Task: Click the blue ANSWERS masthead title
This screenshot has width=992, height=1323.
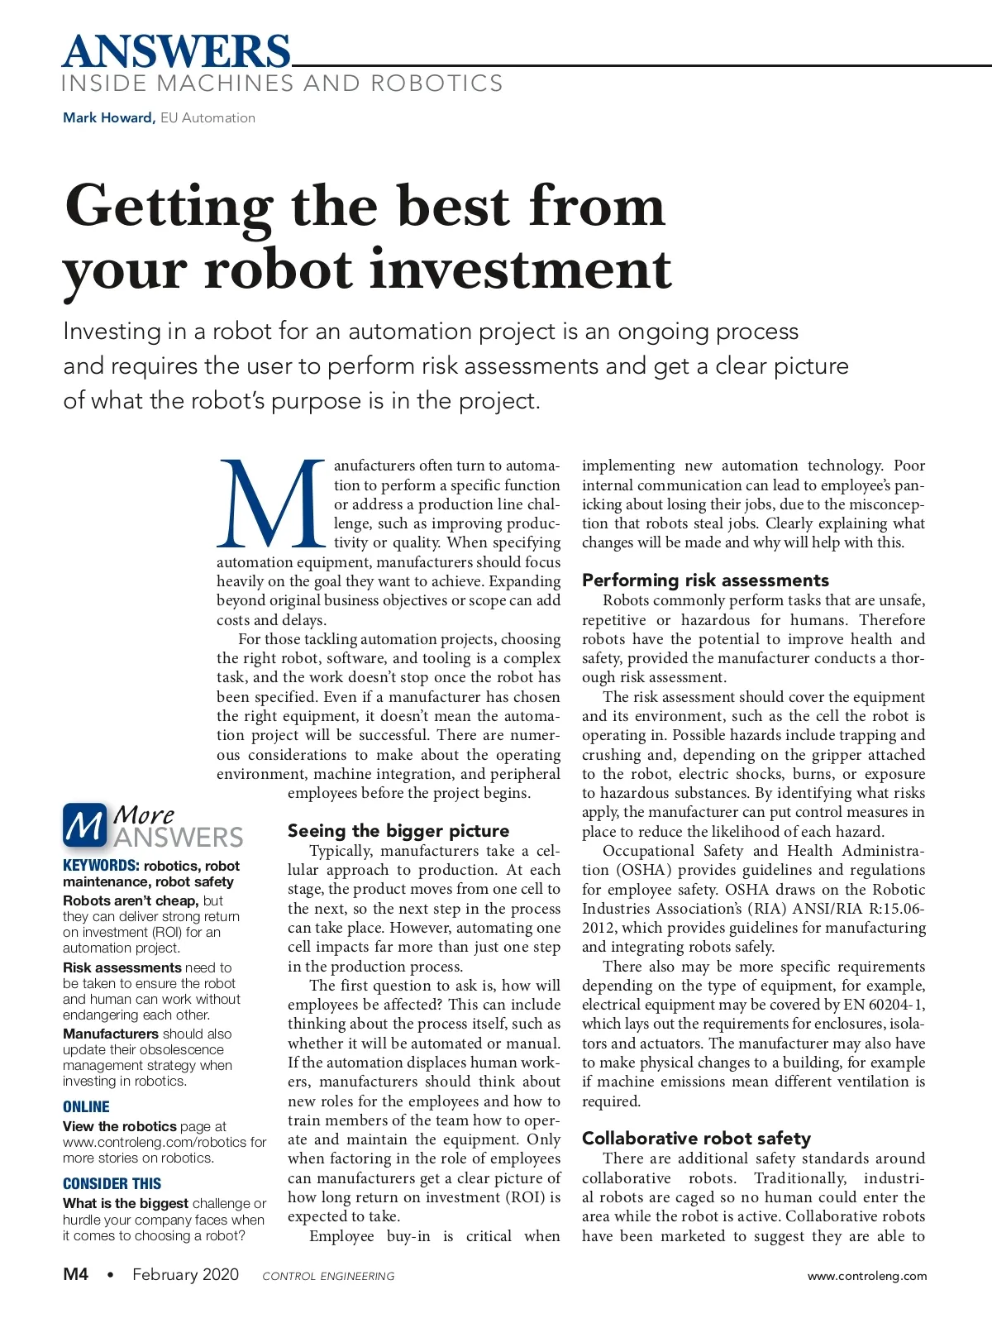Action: pyautogui.click(x=176, y=51)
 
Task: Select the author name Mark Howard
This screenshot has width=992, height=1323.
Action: pyautogui.click(x=108, y=117)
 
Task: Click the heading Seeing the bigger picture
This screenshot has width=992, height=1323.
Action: pyautogui.click(x=398, y=831)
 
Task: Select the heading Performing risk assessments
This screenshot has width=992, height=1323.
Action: pyautogui.click(x=705, y=580)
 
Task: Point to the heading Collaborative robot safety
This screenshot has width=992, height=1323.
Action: pyautogui.click(x=696, y=1139)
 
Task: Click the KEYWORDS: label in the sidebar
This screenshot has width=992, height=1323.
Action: pyautogui.click(x=101, y=866)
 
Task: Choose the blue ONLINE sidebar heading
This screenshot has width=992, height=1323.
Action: pyautogui.click(x=86, y=1107)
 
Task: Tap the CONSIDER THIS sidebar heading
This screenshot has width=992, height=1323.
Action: pyautogui.click(x=112, y=1184)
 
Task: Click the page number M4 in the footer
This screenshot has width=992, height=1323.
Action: pyautogui.click(x=76, y=1274)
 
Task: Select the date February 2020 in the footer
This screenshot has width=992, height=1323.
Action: pyautogui.click(x=185, y=1274)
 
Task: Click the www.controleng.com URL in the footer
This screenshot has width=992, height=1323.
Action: pyautogui.click(x=866, y=1276)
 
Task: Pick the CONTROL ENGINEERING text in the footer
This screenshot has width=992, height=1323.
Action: pyautogui.click(x=328, y=1276)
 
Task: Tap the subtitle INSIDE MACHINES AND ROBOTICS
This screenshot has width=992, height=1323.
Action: pyautogui.click(x=282, y=84)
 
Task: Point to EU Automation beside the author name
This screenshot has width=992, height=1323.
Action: pyautogui.click(x=207, y=117)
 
